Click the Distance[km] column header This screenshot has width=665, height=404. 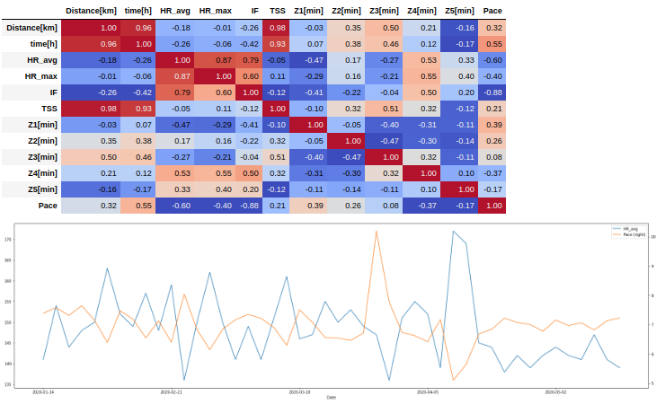(91, 11)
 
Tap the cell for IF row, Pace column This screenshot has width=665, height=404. (492, 92)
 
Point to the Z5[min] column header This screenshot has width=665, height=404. (459, 11)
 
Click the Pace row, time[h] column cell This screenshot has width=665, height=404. (144, 205)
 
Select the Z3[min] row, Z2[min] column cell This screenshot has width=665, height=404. (346, 156)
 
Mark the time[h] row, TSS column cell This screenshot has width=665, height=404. (278, 43)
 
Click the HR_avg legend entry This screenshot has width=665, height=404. (629, 229)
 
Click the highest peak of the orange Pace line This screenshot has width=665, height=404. (376, 231)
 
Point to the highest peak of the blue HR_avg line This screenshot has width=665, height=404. (454, 231)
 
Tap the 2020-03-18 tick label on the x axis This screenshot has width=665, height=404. (299, 392)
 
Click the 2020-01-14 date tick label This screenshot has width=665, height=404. (43, 392)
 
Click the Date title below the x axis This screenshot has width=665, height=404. (332, 398)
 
